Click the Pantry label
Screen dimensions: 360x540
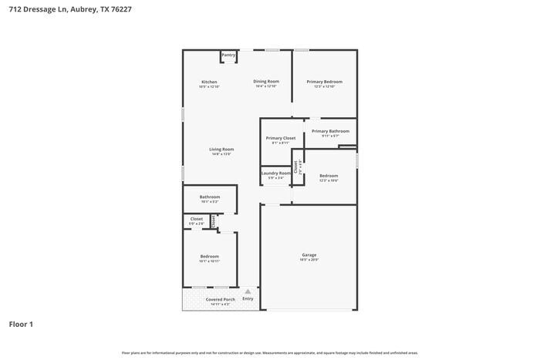[228, 55]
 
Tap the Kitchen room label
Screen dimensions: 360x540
[209, 82]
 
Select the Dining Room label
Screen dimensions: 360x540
[266, 81]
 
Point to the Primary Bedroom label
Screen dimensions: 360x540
[324, 81]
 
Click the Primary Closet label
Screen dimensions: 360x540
[281, 138]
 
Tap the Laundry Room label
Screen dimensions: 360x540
[275, 173]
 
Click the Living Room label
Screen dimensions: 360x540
[221, 149]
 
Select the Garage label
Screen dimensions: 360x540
[309, 255]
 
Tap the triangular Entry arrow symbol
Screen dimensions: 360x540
[248, 292]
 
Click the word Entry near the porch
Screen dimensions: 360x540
[248, 298]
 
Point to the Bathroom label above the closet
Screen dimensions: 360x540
[210, 197]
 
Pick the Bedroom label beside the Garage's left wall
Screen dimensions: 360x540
[209, 256]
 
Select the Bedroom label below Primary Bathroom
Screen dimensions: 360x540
[329, 176]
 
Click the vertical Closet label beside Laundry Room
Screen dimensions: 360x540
[295, 166]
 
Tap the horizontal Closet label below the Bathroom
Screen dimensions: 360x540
[197, 218]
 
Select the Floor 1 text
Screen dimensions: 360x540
[21, 325]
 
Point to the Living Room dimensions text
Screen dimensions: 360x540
[221, 154]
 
